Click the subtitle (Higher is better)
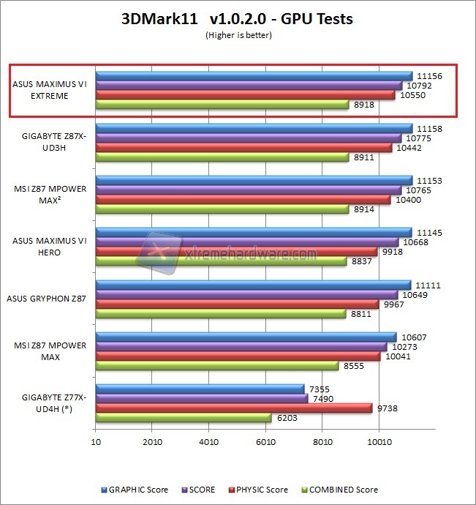[238, 34]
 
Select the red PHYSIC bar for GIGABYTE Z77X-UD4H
[233, 408]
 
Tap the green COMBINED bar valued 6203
[183, 417]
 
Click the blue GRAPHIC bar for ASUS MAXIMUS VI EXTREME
[254, 75]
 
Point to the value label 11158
[428, 127]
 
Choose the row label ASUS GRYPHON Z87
[48, 299]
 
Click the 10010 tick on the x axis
[379, 442]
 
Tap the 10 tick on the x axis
[96, 442]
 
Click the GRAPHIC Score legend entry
[140, 490]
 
